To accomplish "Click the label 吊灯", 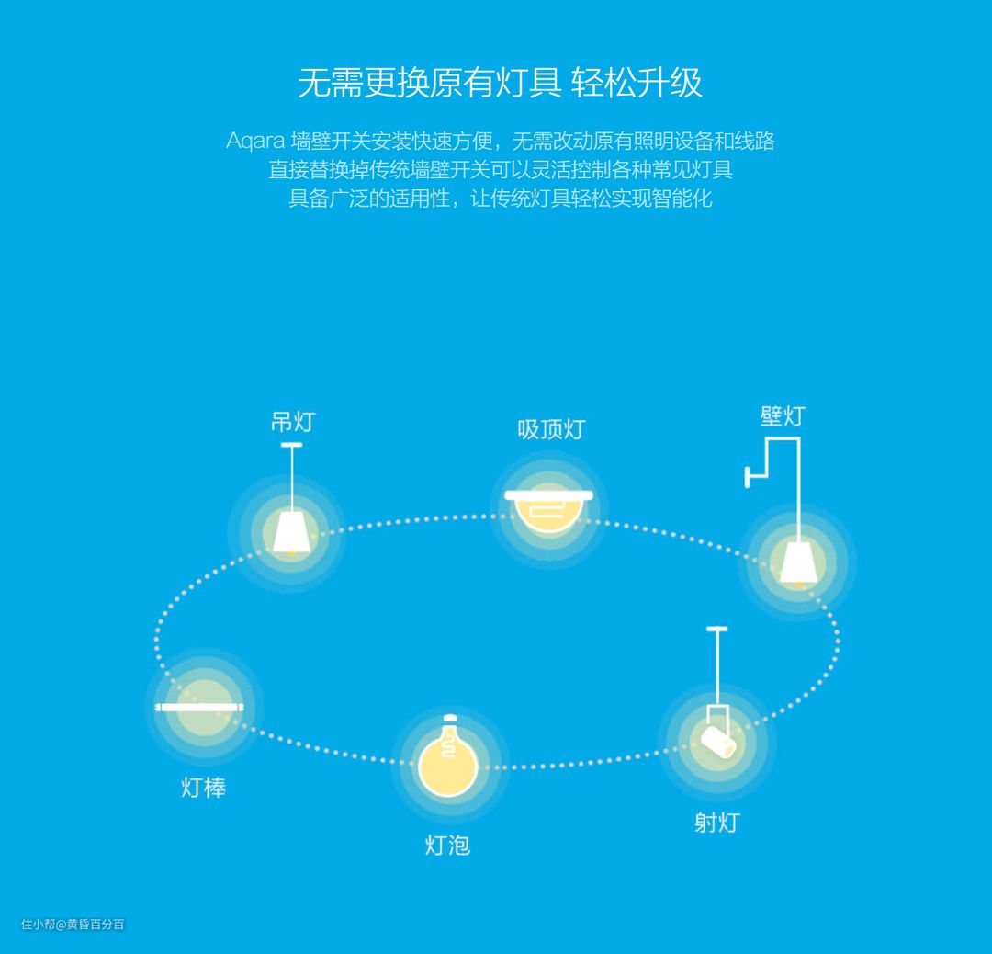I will (x=293, y=422).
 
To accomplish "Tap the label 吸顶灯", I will (x=551, y=429).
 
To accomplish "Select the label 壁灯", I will (x=782, y=415).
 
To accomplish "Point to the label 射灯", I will (x=716, y=822).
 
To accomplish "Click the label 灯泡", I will (x=447, y=845).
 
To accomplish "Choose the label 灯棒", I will (x=203, y=787).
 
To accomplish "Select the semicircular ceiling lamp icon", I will (x=548, y=510).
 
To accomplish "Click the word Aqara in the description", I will (x=254, y=141).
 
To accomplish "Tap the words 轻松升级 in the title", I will (x=637, y=84).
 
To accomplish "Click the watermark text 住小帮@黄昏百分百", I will (x=73, y=924).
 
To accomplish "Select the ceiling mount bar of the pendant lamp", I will (x=292, y=447).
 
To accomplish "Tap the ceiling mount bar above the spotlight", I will (x=716, y=629).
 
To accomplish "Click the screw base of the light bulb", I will (x=449, y=721).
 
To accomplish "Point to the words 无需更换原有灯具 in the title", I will (x=429, y=84).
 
